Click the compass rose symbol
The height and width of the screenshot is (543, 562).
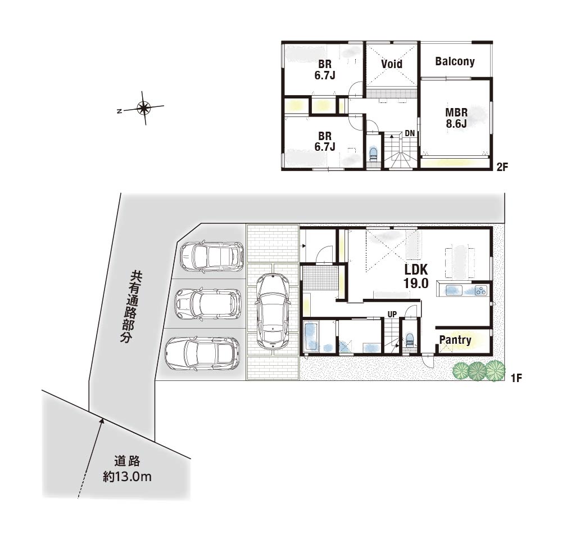[x=144, y=107]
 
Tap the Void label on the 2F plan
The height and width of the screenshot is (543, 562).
[x=391, y=64]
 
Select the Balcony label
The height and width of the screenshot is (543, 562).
[x=455, y=61]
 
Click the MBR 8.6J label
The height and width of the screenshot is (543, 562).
[x=456, y=118]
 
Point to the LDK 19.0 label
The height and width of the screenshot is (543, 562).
[x=416, y=276]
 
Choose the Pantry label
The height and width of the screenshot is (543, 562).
[x=455, y=340]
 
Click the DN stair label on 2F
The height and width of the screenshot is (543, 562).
[x=410, y=133]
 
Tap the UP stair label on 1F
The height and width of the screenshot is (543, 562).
[x=392, y=315]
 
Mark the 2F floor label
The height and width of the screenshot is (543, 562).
[x=502, y=167]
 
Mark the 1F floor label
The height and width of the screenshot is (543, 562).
[x=516, y=378]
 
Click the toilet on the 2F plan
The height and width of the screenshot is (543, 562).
[x=373, y=154]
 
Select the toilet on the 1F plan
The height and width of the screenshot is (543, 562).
[x=409, y=340]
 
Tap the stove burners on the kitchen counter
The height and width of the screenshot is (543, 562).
[x=481, y=290]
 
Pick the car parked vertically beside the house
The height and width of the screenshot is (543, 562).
[x=272, y=311]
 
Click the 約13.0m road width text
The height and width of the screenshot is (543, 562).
[x=127, y=477]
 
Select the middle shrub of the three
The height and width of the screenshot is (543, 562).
[x=477, y=371]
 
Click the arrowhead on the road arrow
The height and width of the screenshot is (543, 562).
[x=102, y=421]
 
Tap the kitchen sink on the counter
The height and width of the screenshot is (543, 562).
[x=452, y=290]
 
